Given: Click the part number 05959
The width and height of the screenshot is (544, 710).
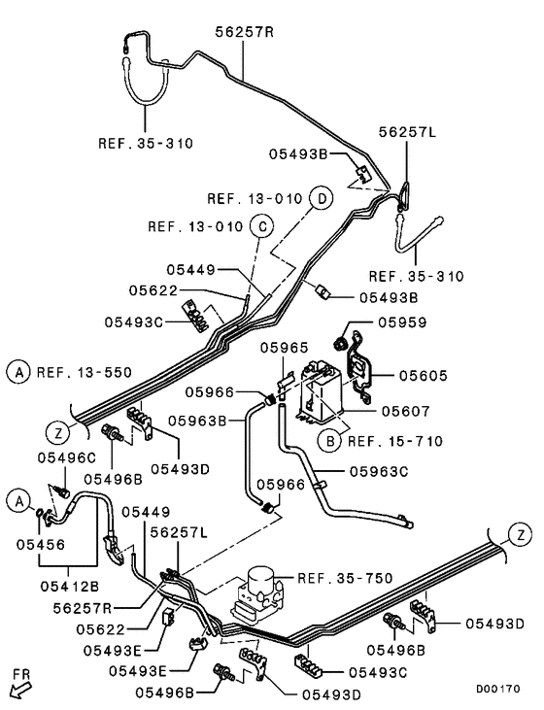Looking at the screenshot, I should click(x=403, y=322).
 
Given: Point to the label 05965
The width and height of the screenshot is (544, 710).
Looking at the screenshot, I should click(x=284, y=346).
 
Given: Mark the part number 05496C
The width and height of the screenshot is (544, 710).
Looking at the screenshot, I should click(x=67, y=456).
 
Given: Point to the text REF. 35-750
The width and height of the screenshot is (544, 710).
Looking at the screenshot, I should click(x=345, y=578).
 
